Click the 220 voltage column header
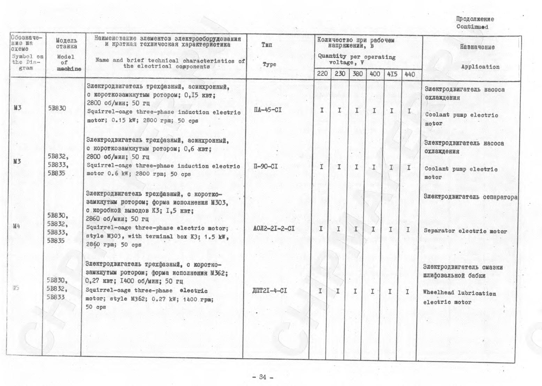(x=322, y=73)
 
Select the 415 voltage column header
(x=392, y=74)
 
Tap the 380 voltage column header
(x=357, y=73)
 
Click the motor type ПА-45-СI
(x=268, y=110)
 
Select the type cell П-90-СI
(x=266, y=166)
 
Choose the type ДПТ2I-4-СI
(x=269, y=290)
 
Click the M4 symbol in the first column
(x=16, y=226)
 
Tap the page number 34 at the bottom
(x=262, y=377)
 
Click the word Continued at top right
(x=472, y=27)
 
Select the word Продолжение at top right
(x=475, y=19)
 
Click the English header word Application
(x=480, y=67)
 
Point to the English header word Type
(x=269, y=64)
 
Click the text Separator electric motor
(x=465, y=231)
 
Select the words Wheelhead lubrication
(x=459, y=293)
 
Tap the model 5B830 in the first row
(x=57, y=108)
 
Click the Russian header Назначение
(x=477, y=47)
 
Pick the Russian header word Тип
(x=267, y=45)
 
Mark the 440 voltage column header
(x=409, y=74)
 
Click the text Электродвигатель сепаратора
(x=470, y=197)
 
